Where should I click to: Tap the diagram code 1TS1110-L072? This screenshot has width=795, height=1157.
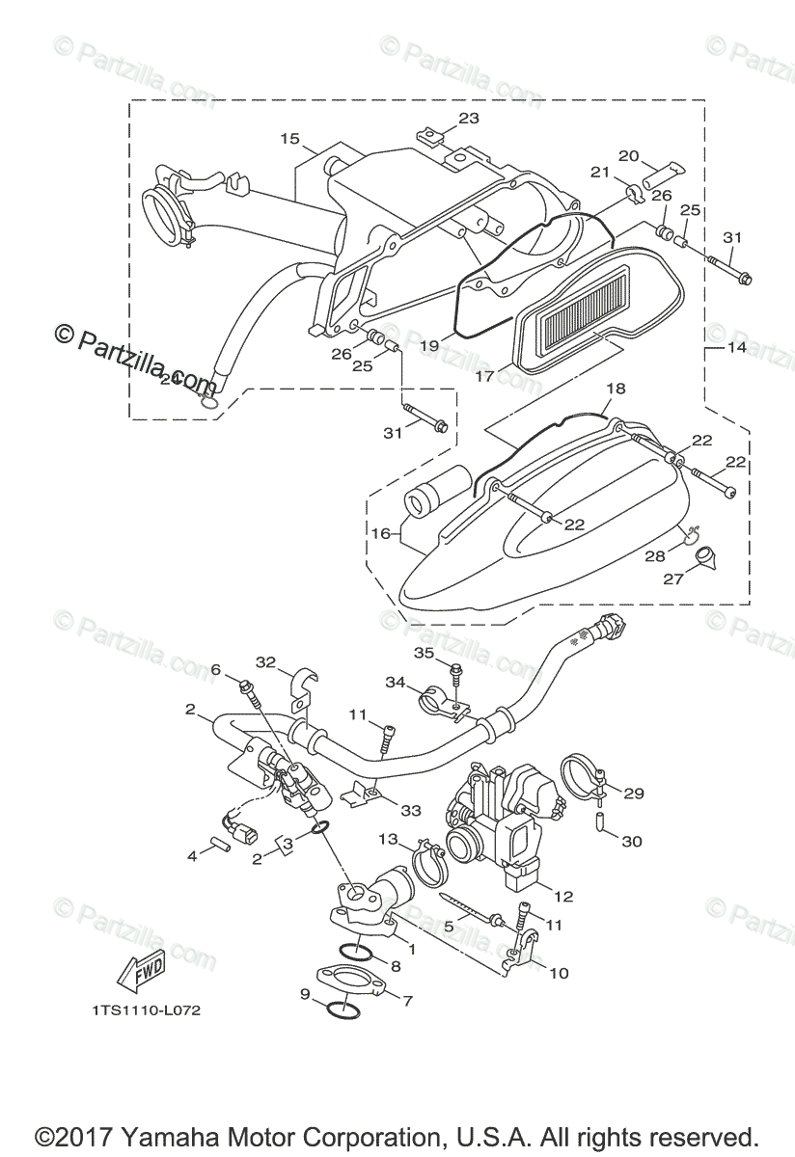[x=140, y=1010]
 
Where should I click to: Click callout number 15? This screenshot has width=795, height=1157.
[x=290, y=139]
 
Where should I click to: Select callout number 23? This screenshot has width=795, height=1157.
[x=468, y=119]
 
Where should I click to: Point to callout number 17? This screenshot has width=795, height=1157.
[x=485, y=376]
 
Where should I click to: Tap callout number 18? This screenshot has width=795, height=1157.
[x=616, y=389]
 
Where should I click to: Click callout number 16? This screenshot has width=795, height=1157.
[x=381, y=532]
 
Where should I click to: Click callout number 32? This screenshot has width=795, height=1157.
[x=266, y=661]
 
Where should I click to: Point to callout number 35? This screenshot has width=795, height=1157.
[x=425, y=653]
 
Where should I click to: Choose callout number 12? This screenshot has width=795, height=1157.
[x=563, y=896]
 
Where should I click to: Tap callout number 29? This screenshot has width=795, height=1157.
[x=635, y=794]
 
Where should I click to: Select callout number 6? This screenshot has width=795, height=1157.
[x=215, y=669]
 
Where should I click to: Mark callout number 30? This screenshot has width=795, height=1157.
[x=632, y=842]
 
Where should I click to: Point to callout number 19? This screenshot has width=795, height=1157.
[x=429, y=344]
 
